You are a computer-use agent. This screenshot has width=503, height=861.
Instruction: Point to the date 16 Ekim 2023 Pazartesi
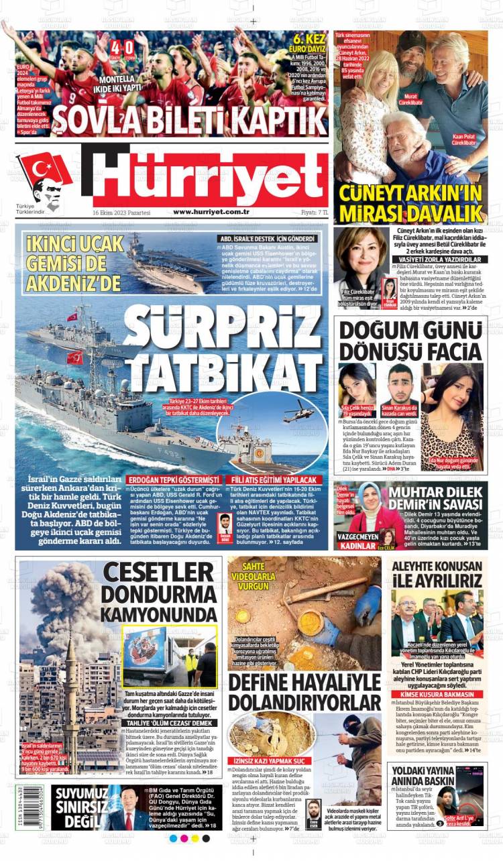(121, 212)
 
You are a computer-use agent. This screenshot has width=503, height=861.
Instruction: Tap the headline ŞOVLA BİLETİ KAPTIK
(189, 119)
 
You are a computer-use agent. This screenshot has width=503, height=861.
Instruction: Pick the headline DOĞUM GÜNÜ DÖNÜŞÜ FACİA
(410, 341)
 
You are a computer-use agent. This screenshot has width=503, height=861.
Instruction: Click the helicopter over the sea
(298, 411)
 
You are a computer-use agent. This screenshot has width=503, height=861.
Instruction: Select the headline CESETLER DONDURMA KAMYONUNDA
(158, 593)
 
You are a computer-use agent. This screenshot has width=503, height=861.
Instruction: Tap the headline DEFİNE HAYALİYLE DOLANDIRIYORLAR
(304, 692)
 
